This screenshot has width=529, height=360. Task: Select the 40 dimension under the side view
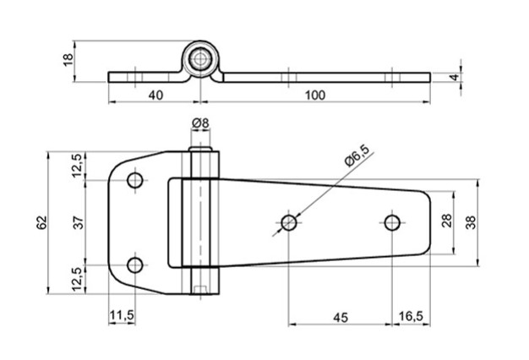pyautogui.click(x=155, y=95)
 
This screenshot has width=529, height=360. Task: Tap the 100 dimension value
pyautogui.click(x=314, y=95)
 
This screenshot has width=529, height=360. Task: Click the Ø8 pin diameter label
pyautogui.click(x=200, y=124)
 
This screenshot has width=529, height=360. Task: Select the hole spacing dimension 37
pyautogui.click(x=79, y=222)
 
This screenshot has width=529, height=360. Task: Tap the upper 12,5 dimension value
pyautogui.click(x=79, y=166)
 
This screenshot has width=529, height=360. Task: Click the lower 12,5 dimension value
pyautogui.click(x=79, y=278)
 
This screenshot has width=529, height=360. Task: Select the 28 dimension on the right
pyautogui.click(x=447, y=221)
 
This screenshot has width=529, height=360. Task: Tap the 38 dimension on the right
pyautogui.click(x=471, y=221)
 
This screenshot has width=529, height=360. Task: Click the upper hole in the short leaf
pyautogui.click(x=135, y=180)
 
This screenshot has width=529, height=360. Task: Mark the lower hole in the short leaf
pyautogui.click(x=135, y=265)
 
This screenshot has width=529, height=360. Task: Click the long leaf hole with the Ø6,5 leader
pyautogui.click(x=289, y=223)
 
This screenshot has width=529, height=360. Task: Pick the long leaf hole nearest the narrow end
pyautogui.click(x=391, y=222)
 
